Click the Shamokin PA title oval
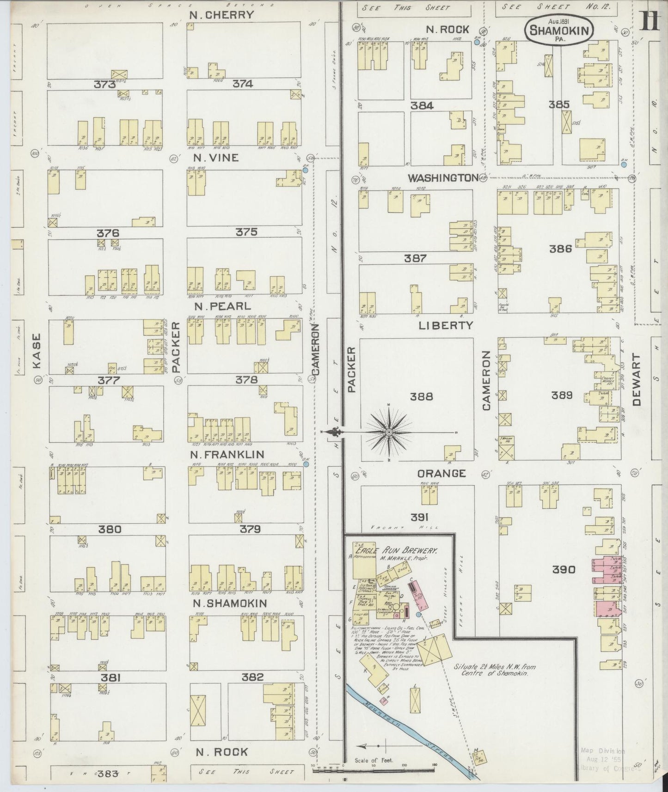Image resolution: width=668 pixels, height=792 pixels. (559, 30)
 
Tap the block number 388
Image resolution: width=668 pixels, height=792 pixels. (422, 396)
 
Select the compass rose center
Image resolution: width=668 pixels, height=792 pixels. (389, 432)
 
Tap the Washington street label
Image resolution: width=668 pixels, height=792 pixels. (443, 178)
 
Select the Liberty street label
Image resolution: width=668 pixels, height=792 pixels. (446, 325)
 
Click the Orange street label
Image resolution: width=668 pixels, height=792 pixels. (441, 474)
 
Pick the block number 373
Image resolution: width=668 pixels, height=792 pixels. (104, 84)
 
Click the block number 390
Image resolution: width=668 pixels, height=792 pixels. (564, 570)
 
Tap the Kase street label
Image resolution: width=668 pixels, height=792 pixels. (37, 351)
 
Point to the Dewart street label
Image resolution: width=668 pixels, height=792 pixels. (637, 380)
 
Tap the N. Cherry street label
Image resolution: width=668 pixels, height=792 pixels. (222, 15)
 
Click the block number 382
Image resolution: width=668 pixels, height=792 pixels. (252, 677)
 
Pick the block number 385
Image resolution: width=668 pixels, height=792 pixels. (559, 104)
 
